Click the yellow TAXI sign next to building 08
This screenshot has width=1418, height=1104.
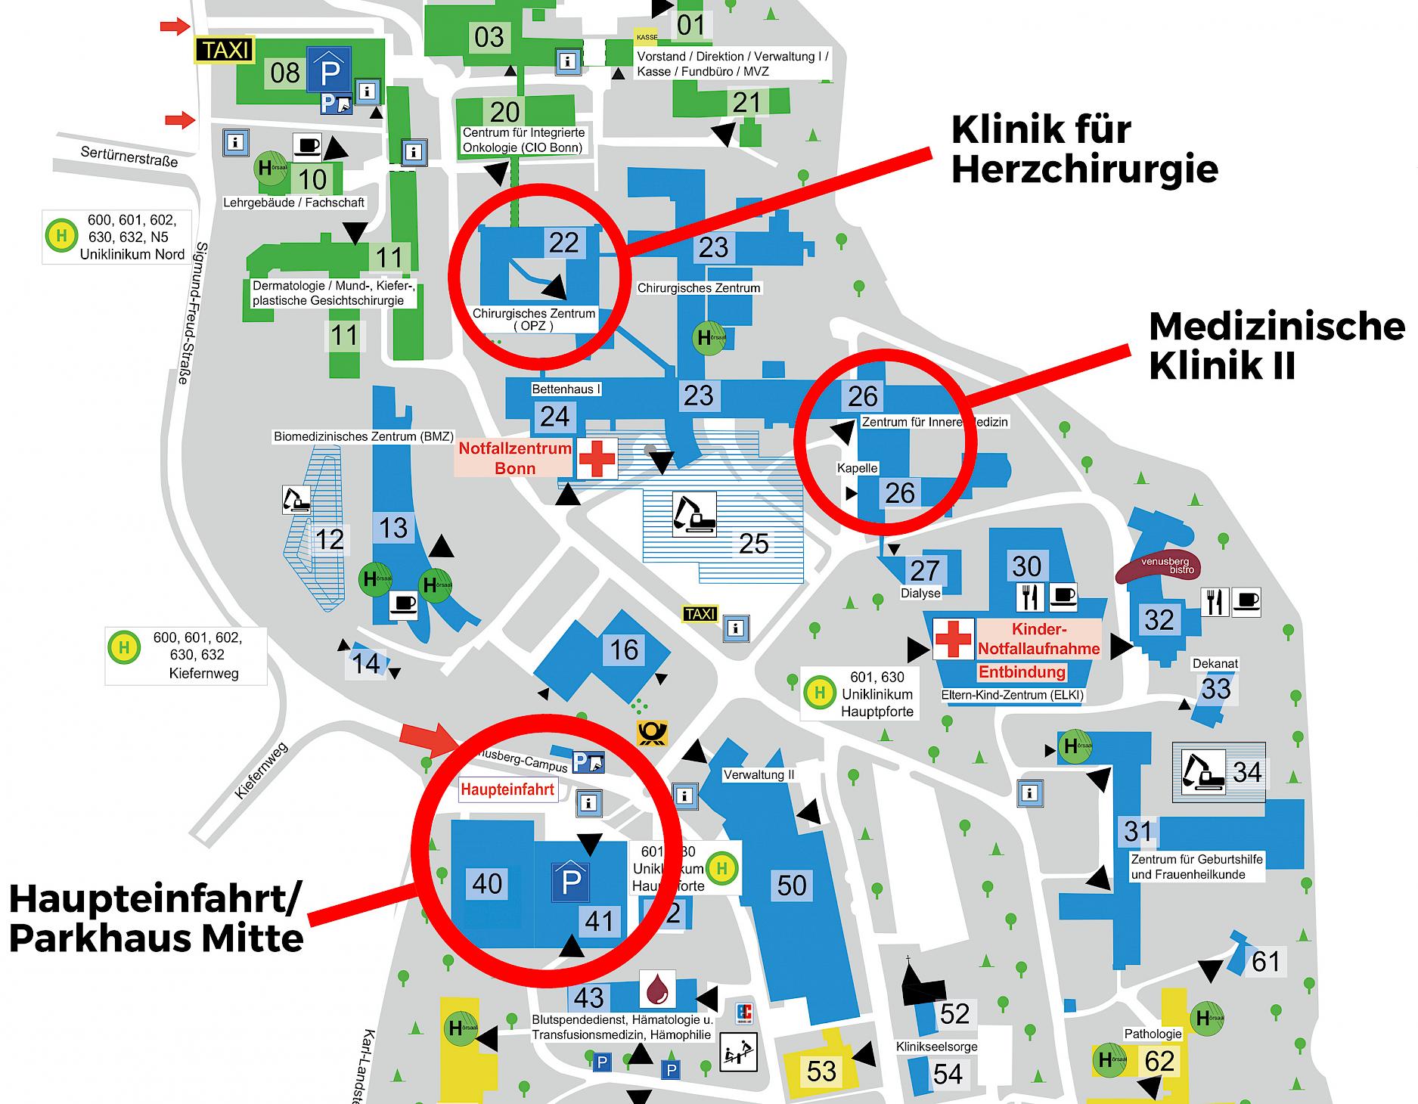[225, 50]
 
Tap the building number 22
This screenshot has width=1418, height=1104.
[563, 243]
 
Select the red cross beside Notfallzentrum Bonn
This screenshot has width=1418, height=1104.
[597, 458]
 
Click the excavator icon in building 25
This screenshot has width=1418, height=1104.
[694, 515]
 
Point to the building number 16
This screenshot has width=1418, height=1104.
[624, 650]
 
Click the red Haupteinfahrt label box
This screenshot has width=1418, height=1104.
[508, 790]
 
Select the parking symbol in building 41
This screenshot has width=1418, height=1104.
[571, 881]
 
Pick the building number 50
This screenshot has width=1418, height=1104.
[792, 885]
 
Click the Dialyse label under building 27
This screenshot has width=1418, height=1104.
[920, 593]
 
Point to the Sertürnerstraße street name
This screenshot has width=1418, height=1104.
[129, 157]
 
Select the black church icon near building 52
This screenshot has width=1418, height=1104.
[921, 985]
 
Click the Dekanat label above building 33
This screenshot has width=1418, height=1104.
[1215, 663]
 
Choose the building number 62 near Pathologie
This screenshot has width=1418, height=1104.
[1159, 1061]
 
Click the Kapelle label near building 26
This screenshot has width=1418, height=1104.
[857, 468]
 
